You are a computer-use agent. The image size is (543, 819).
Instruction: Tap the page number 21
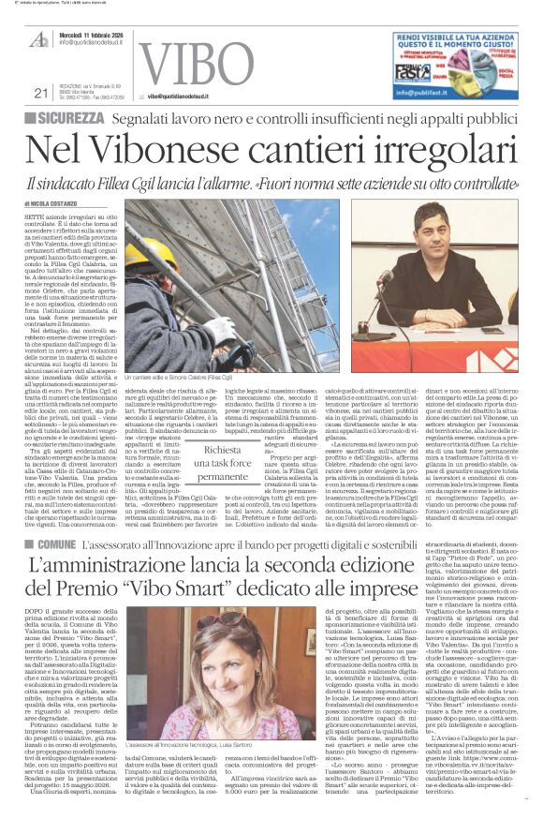39,92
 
